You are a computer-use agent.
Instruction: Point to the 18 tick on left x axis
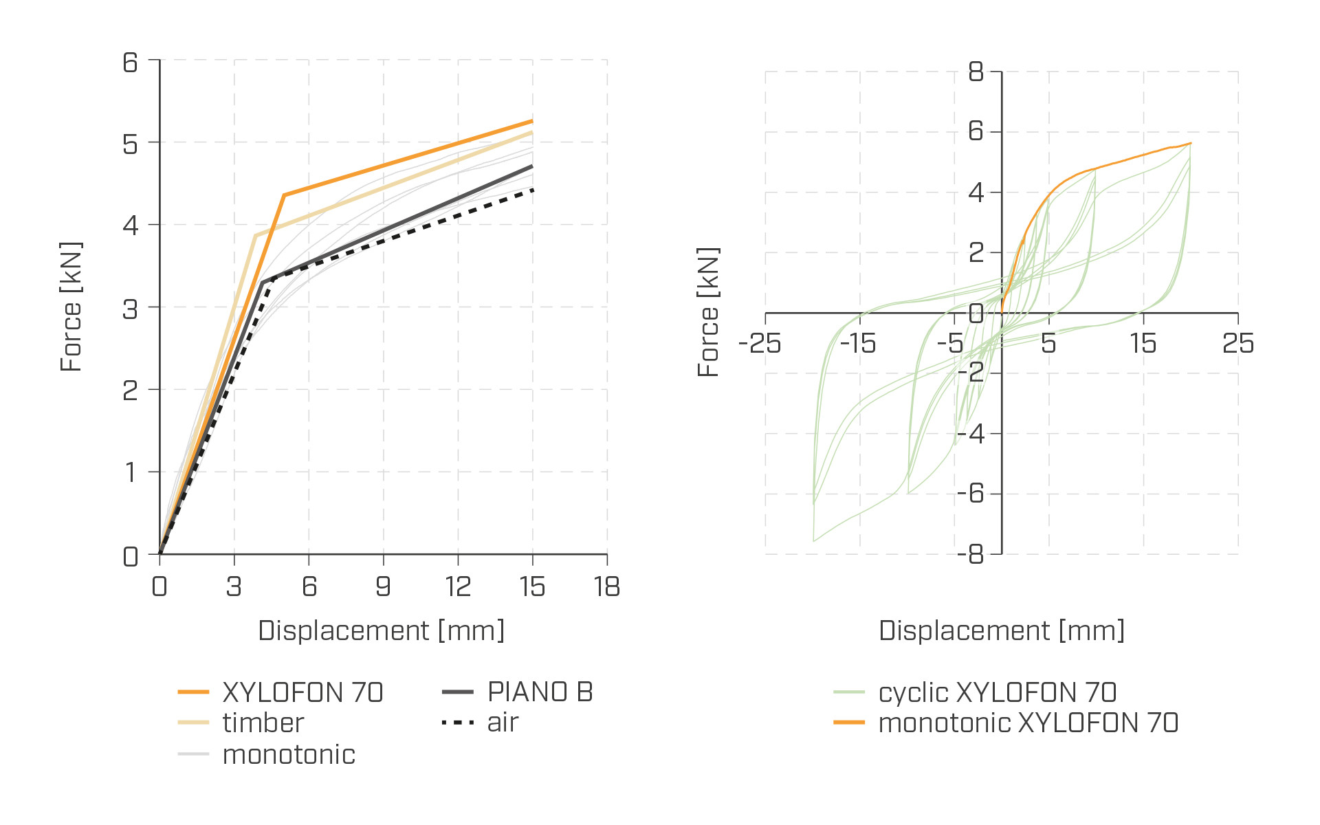click(607, 586)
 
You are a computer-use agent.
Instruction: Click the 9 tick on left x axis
click(383, 586)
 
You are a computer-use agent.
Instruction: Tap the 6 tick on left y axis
click(131, 63)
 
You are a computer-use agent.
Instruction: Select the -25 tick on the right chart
click(760, 343)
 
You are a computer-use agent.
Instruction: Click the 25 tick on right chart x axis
click(1237, 343)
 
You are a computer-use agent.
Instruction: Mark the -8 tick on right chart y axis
click(970, 554)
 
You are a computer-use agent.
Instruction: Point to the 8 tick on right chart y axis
click(976, 71)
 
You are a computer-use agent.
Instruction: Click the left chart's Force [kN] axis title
click(71, 307)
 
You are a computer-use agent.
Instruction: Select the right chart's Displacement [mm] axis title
click(1002, 630)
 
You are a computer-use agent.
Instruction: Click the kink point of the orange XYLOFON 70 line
click(284, 195)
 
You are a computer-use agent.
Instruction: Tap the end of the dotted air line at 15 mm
click(533, 190)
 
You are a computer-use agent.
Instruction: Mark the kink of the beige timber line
click(255, 236)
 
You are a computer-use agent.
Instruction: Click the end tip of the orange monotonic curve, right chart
click(1191, 143)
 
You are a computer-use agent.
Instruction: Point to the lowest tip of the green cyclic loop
click(814, 541)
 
